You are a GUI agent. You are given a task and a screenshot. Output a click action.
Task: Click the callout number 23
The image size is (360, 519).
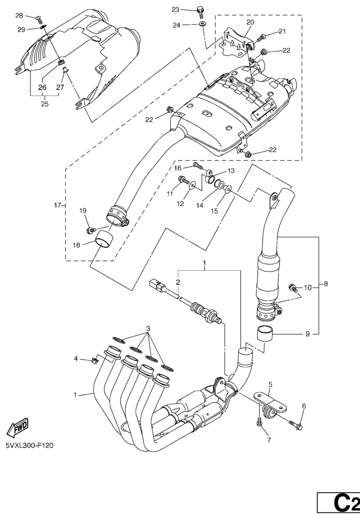[176, 9]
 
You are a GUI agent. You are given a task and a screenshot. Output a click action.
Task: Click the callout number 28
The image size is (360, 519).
[19, 16]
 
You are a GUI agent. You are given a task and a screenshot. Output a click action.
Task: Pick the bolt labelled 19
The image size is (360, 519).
[89, 230]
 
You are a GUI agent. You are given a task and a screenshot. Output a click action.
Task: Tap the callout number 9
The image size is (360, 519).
[308, 334]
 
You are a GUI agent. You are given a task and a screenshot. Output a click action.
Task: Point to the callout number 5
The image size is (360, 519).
[271, 384]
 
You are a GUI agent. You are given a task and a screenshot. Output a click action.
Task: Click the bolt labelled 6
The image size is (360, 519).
[298, 426]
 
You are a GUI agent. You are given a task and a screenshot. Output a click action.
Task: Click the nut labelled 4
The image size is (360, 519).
[94, 361]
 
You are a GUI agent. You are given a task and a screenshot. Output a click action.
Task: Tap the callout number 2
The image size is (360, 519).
[178, 282]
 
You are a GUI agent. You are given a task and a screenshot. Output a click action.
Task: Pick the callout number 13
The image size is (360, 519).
[231, 171]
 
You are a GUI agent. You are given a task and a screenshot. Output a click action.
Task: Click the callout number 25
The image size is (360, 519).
[44, 104]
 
